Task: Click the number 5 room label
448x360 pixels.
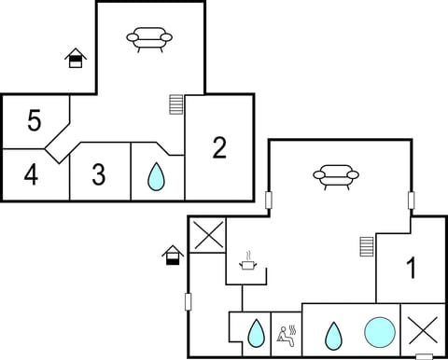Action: [x=35, y=121]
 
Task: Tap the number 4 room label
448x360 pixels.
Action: [x=31, y=174]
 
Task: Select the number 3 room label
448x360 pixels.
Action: [x=99, y=174]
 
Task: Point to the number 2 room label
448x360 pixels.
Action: [x=219, y=147]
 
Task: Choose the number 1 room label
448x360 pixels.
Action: [x=410, y=269]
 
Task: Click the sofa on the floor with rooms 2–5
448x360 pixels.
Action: [x=149, y=38]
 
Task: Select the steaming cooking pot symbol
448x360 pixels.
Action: [x=248, y=263]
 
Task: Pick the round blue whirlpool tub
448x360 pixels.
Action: [x=379, y=331]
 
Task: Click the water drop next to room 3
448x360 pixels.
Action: [x=157, y=175]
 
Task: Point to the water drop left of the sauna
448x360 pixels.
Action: [x=254, y=332]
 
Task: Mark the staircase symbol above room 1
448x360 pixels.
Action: [x=367, y=246]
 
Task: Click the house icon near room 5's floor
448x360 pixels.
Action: [x=76, y=59]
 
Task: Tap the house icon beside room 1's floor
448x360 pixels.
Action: [x=172, y=254]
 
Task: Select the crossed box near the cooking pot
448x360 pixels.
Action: [x=208, y=234]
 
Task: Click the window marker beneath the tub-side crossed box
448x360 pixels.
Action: [x=424, y=355]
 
